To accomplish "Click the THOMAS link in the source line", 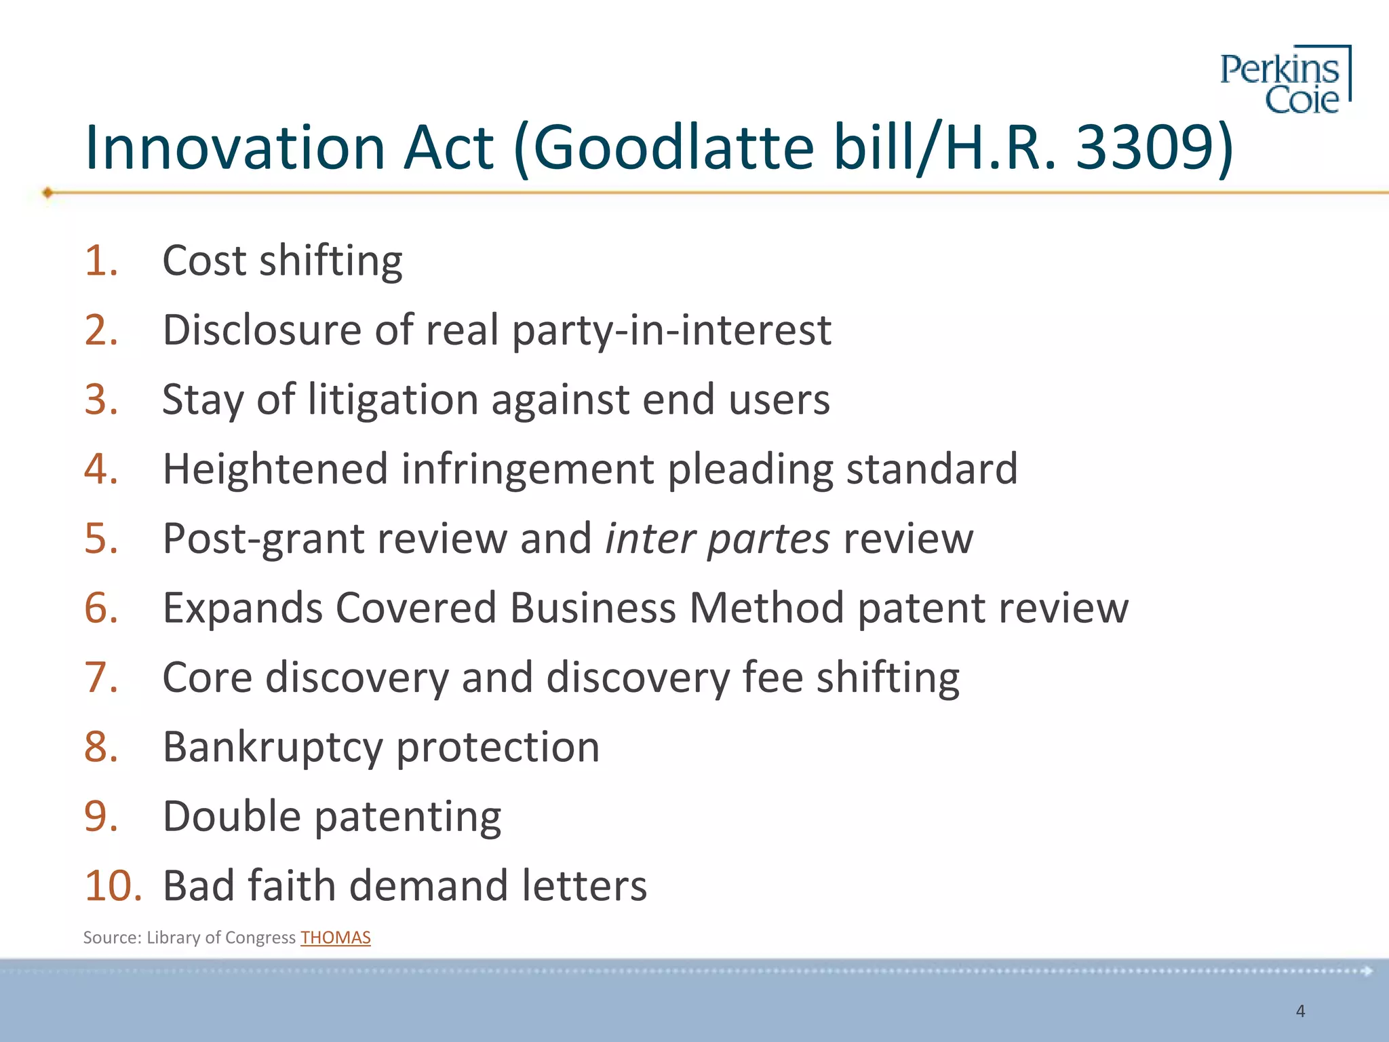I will point(336,938).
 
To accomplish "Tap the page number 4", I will point(1300,1011).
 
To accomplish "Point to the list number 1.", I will point(101,260).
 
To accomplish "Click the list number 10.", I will point(113,886).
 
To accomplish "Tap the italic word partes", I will point(768,539).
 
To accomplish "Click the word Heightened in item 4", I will point(275,469).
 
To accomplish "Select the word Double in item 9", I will point(231,816).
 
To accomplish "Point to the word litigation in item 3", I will point(393,400).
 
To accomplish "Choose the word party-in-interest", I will point(671,331).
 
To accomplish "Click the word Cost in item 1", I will point(204,260).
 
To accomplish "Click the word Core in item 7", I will point(207,678).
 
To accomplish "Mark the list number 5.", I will point(101,539).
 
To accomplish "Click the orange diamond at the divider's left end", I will point(47,193).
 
